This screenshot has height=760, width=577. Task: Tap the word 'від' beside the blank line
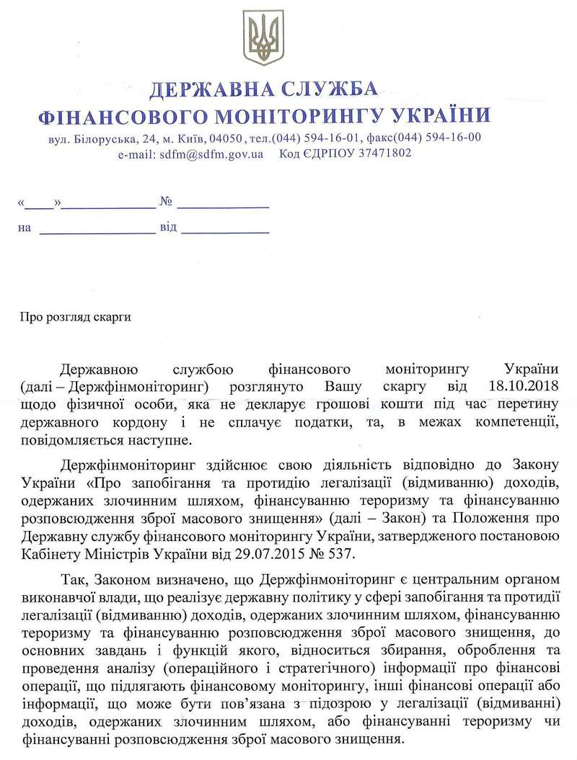pyautogui.click(x=168, y=228)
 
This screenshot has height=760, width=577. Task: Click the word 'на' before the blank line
pyautogui.click(x=25, y=228)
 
